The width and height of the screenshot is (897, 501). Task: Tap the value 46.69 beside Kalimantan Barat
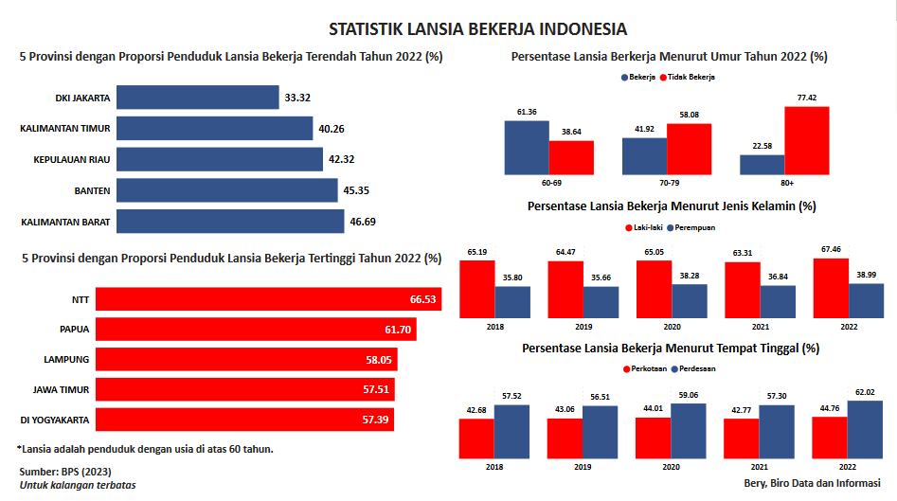pos(364,222)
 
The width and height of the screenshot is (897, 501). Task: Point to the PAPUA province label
pos(74,330)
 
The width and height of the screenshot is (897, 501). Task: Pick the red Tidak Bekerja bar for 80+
pos(806,140)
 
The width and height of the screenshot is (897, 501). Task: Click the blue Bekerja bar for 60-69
pos(527,147)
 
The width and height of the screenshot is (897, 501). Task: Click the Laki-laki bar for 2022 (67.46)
pos(831,288)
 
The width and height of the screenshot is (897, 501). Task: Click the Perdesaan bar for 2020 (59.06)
pos(689,431)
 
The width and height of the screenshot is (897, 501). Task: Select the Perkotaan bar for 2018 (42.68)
pos(476,438)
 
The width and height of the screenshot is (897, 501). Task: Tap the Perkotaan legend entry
pos(645,368)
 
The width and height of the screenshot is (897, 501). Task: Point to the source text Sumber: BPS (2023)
pos(63,471)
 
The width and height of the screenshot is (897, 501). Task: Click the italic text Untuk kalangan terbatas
pos(78,485)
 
